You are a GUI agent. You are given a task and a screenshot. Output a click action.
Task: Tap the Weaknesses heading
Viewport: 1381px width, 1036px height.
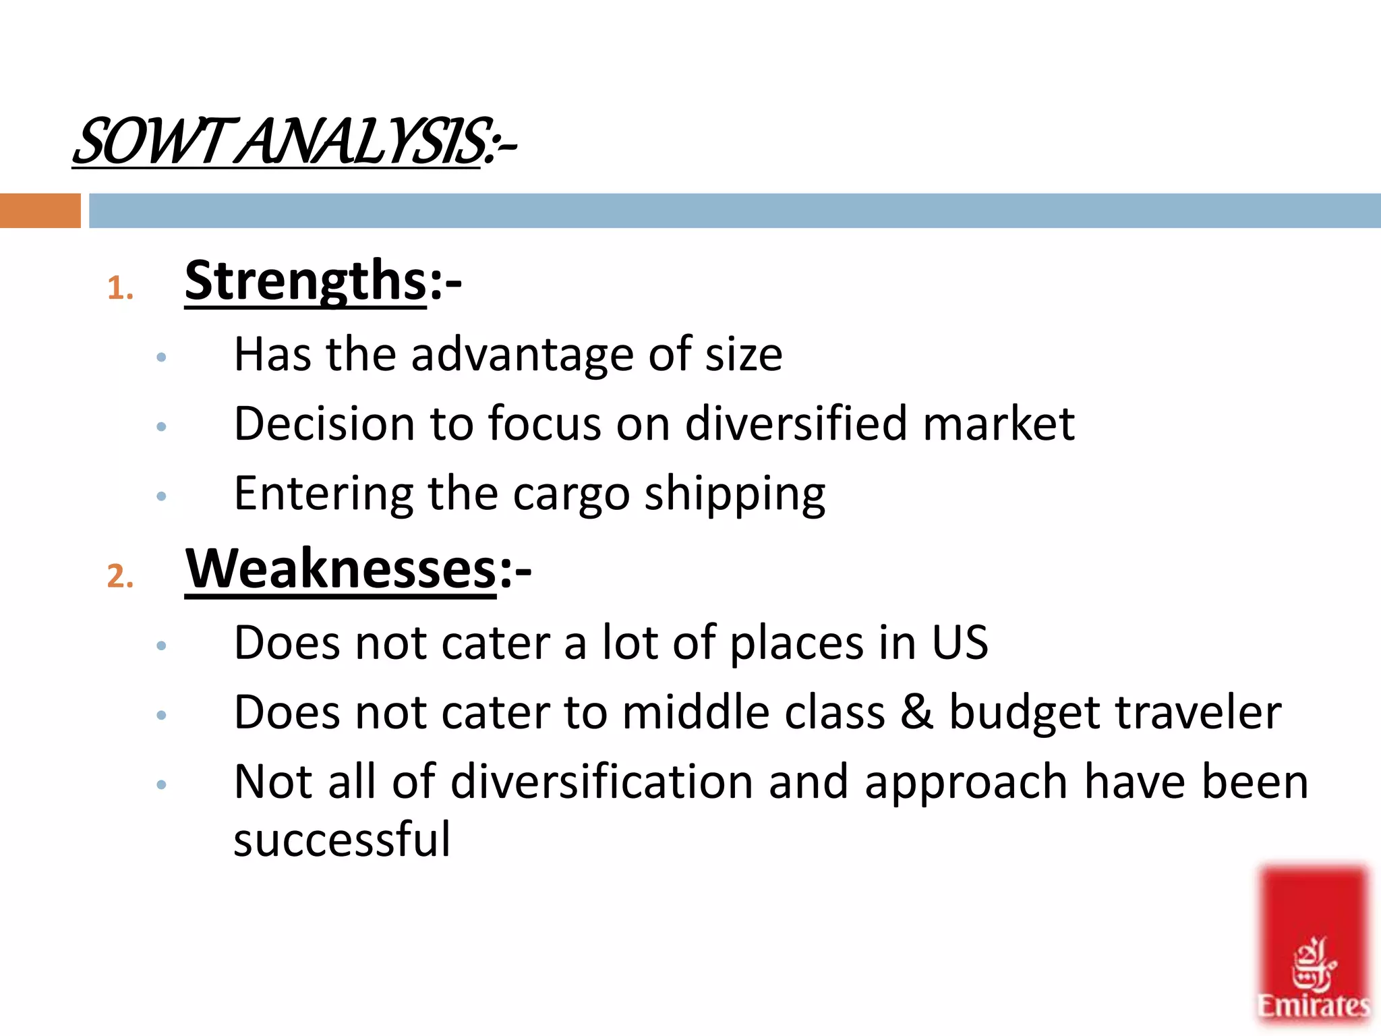[x=341, y=569]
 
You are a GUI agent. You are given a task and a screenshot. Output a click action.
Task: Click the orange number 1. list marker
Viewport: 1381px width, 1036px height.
[x=120, y=289]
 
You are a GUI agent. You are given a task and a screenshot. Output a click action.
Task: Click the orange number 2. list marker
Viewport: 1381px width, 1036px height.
[x=120, y=577]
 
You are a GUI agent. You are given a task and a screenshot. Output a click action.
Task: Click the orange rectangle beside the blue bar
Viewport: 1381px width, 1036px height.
[x=40, y=210]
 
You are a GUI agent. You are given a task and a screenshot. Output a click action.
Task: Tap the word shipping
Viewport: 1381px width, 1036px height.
[x=734, y=494]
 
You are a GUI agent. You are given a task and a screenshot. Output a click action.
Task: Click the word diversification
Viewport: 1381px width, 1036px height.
[x=601, y=782]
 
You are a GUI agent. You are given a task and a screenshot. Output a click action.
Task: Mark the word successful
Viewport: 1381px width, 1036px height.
[x=342, y=839]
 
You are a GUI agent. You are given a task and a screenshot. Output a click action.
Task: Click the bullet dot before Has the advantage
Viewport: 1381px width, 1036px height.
[x=161, y=357]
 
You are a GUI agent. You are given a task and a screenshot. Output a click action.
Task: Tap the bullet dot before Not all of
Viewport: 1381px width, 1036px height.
[x=161, y=784]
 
